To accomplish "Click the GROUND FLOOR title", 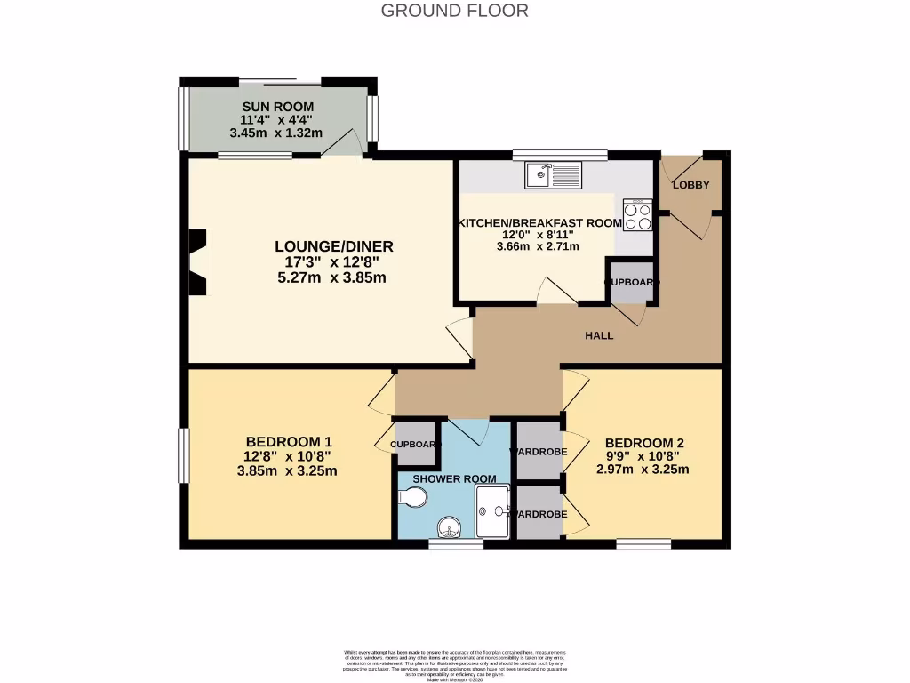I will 454,11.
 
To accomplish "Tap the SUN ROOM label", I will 277,107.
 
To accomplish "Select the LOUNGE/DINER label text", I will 333,246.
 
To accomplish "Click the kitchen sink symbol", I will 552,175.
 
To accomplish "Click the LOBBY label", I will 690,185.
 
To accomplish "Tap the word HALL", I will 598,335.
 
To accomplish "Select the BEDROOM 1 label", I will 289,442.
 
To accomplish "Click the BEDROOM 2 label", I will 644,443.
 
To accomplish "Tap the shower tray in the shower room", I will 493,511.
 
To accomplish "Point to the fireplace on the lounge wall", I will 199,261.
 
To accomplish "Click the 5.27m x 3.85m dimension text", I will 333,277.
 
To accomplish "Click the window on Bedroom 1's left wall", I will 182,458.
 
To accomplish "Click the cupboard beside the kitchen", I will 632,283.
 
